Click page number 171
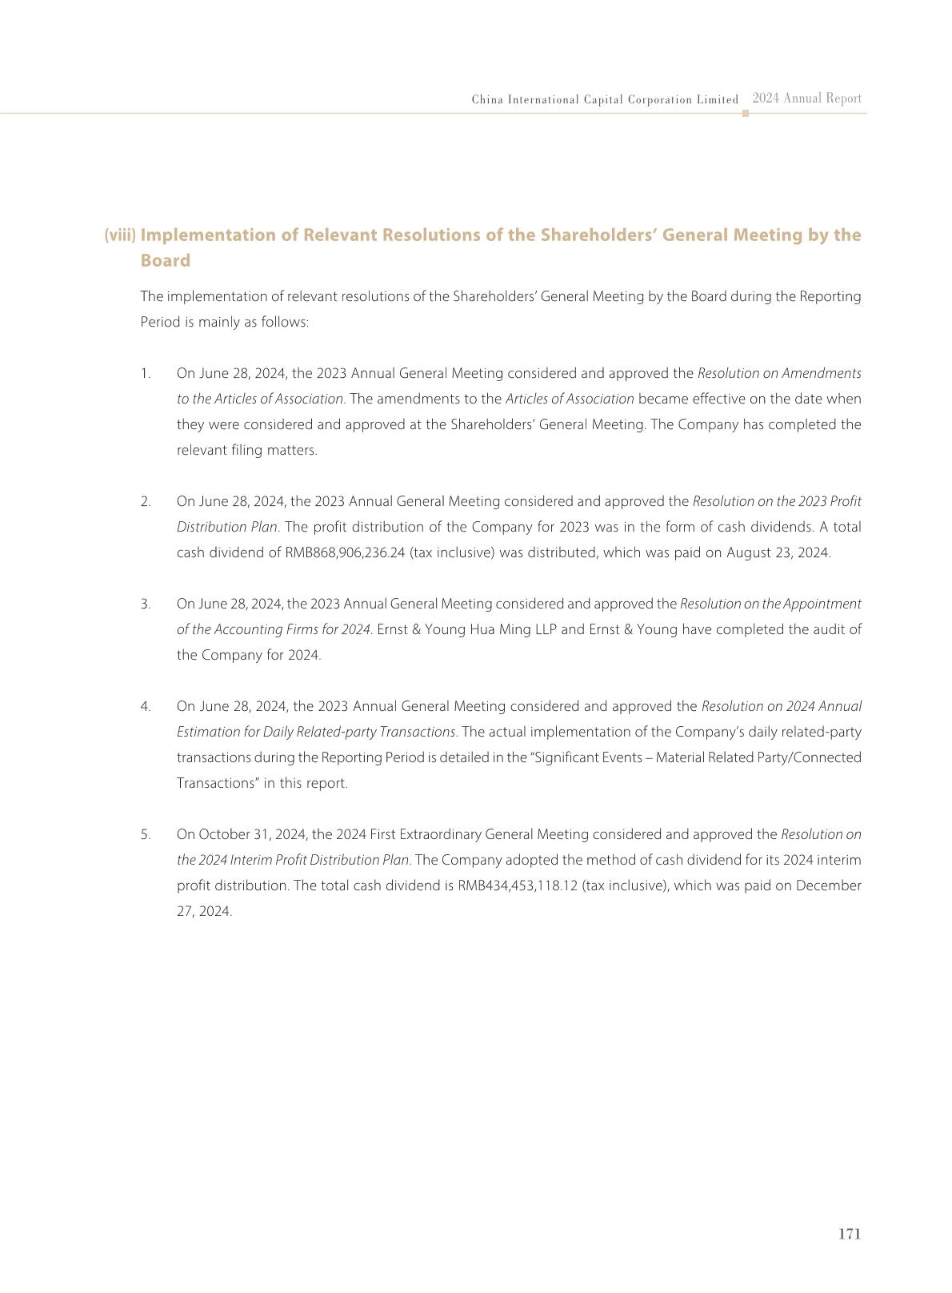849,1234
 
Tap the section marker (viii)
120,235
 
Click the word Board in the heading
165,261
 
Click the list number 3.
146,604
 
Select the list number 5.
146,834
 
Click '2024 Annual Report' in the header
806,98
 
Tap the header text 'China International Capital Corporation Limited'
605,100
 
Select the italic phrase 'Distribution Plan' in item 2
227,527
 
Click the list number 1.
146,373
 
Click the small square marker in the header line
746,113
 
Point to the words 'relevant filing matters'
246,450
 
